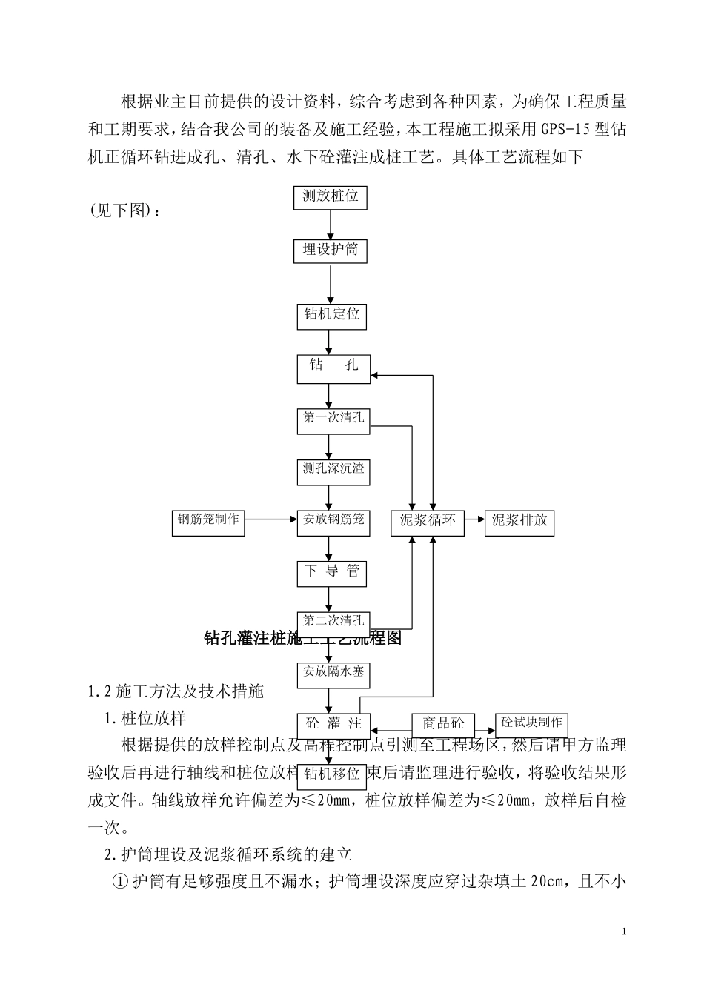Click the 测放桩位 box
(331, 196)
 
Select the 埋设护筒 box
(331, 250)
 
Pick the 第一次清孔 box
(333, 419)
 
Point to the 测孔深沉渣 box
(333, 471)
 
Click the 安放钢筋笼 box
(333, 521)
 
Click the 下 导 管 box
(332, 572)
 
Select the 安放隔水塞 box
(333, 674)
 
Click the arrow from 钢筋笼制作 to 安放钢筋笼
(270, 519)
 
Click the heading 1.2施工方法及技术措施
(176, 692)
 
